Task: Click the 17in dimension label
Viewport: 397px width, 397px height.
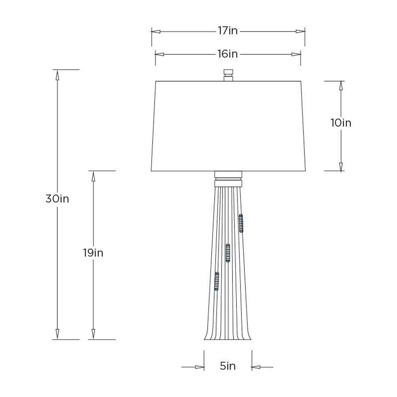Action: pyautogui.click(x=228, y=31)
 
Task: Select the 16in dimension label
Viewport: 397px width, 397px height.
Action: pyautogui.click(x=228, y=54)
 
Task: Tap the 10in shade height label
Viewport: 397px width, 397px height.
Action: pyautogui.click(x=341, y=123)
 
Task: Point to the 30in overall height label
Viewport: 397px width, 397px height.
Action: pyautogui.click(x=57, y=198)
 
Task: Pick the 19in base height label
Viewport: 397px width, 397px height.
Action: pyautogui.click(x=93, y=253)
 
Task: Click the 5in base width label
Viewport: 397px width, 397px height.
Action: pyautogui.click(x=228, y=366)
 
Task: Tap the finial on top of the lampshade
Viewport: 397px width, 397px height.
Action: pyautogui.click(x=228, y=75)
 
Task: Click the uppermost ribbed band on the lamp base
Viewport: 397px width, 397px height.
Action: pyautogui.click(x=241, y=223)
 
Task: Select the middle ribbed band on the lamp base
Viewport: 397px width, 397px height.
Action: pyautogui.click(x=228, y=253)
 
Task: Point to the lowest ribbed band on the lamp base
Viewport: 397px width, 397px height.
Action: pyautogui.click(x=217, y=281)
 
